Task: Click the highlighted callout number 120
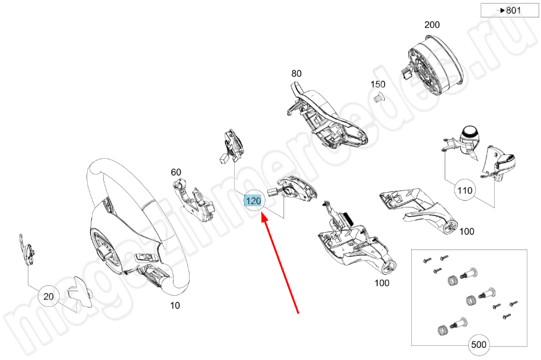[254, 201]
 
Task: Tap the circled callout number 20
[49, 297]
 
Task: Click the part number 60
[176, 172]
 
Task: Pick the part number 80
[296, 73]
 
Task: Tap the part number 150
[377, 84]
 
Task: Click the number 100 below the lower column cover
[382, 283]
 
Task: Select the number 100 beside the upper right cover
[466, 232]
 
